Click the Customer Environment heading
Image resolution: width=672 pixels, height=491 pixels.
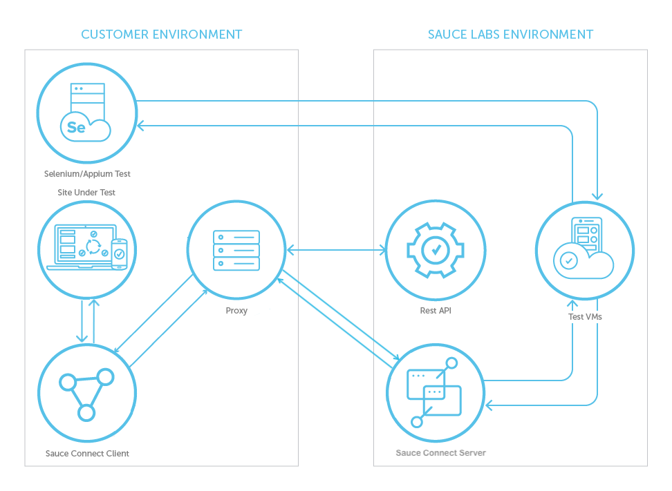[x=162, y=34]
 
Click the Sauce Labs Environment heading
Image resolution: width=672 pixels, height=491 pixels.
[x=510, y=34]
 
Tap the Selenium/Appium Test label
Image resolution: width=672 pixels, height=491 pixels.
[x=86, y=174]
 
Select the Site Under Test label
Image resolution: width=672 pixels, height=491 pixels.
[x=86, y=192]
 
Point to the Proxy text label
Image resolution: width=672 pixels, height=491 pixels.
[x=236, y=311]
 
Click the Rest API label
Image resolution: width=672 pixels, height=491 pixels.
[x=436, y=311]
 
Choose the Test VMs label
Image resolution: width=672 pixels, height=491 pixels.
[x=584, y=317]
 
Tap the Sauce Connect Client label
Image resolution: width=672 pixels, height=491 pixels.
[x=87, y=454]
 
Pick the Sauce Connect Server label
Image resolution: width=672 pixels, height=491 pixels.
[x=440, y=453]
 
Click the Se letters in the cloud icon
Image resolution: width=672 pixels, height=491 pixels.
[x=76, y=128]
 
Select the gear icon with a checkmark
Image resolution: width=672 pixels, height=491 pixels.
[x=436, y=249]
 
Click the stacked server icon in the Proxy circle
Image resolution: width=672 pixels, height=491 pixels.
[x=236, y=250]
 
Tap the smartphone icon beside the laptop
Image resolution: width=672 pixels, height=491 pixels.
[x=120, y=254]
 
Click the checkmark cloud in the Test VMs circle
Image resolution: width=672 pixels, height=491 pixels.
[x=569, y=261]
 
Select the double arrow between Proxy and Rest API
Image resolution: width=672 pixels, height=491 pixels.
[x=336, y=249]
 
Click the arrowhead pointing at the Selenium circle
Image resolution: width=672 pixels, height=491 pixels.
[x=141, y=126]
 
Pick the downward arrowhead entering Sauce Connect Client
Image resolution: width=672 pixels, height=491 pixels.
[x=82, y=338]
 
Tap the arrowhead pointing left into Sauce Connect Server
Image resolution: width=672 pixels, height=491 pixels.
[x=490, y=405]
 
